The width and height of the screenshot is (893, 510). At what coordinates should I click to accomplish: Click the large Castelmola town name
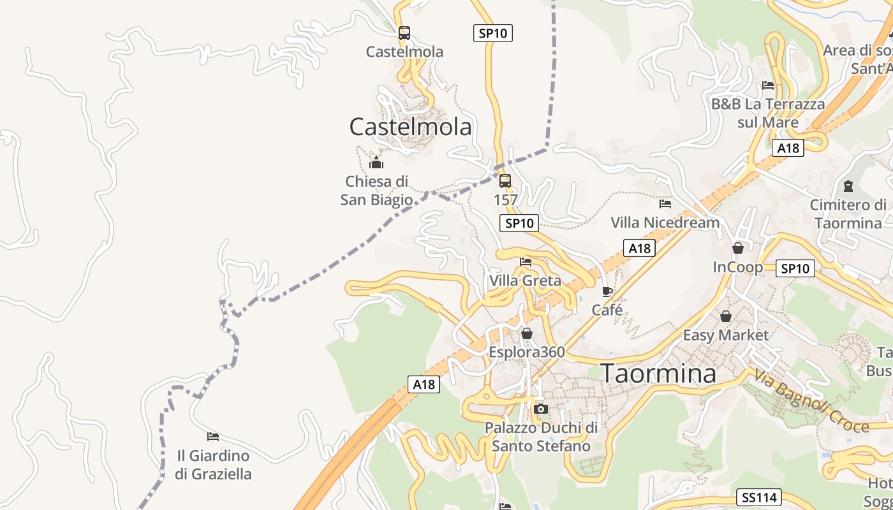410,127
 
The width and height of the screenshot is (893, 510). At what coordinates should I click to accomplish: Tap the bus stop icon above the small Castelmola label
404,33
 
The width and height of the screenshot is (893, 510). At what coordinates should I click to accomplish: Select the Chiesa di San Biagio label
376,191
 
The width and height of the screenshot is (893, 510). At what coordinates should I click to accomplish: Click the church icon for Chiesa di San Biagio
376,163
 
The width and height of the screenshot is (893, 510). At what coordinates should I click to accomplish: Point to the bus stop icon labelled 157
505,181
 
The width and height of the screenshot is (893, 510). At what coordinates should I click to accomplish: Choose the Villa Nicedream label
665,222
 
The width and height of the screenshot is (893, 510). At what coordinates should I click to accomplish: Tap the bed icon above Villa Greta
526,261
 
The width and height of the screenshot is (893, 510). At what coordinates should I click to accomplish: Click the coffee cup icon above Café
607,291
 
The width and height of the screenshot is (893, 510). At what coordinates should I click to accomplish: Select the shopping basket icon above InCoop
738,247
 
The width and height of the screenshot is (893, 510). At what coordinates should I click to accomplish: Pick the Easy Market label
726,335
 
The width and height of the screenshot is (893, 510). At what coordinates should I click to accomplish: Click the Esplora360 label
527,352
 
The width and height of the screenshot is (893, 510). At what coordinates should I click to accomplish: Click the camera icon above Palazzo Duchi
541,409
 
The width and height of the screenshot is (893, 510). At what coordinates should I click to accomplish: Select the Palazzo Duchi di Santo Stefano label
541,437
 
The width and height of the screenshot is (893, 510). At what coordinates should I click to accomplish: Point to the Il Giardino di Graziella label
213,465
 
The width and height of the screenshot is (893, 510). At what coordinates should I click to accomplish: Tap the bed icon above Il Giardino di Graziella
213,437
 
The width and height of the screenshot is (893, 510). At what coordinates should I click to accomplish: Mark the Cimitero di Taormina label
848,214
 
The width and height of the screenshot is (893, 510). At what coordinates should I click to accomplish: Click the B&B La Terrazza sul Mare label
768,113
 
